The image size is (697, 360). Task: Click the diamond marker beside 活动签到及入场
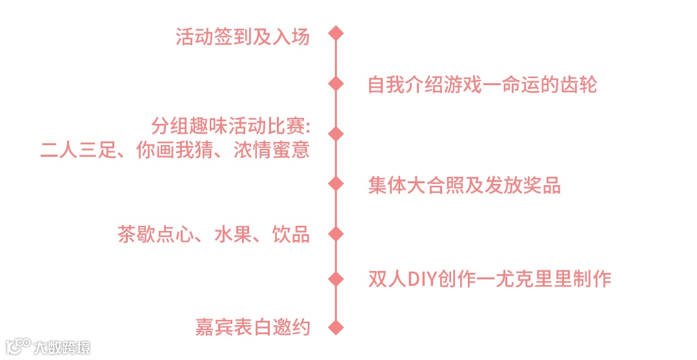(x=335, y=33)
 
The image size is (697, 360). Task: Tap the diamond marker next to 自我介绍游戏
(x=335, y=83)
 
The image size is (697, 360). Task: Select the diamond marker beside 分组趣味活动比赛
(x=335, y=134)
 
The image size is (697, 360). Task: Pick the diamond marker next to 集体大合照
(x=335, y=184)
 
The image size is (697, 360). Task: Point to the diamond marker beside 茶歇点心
(x=335, y=233)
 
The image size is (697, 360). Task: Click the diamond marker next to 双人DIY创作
(x=335, y=279)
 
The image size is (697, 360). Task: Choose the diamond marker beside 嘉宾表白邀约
(x=335, y=327)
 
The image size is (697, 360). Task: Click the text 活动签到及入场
(x=243, y=36)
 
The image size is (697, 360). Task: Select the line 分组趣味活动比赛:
(x=231, y=125)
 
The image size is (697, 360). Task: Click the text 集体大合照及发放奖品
(x=464, y=186)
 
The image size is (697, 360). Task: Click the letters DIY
(x=422, y=279)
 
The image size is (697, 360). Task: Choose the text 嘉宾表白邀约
(x=252, y=328)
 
